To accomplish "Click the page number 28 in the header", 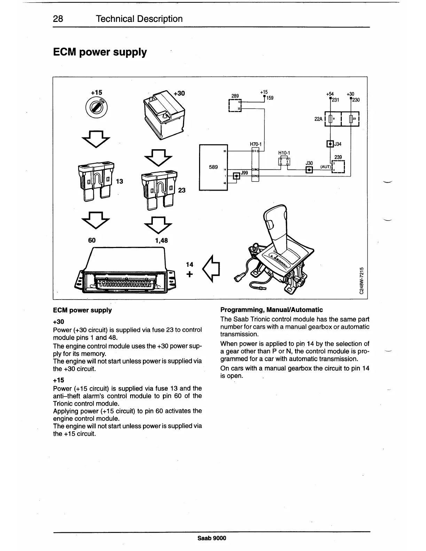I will coord(58,19).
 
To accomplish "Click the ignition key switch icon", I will coord(96,106).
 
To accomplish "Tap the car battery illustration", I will coord(164,114).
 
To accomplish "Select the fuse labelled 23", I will coord(158,190).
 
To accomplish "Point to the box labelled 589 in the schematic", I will coord(213,167).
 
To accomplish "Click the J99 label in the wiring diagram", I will coord(244,173).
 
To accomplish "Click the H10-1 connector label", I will coord(284,153).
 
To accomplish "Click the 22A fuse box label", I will coord(318,119).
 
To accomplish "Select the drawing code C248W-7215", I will coord(362,281).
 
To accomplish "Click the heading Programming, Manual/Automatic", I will coord(271,310).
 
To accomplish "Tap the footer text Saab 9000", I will coord(212,538).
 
